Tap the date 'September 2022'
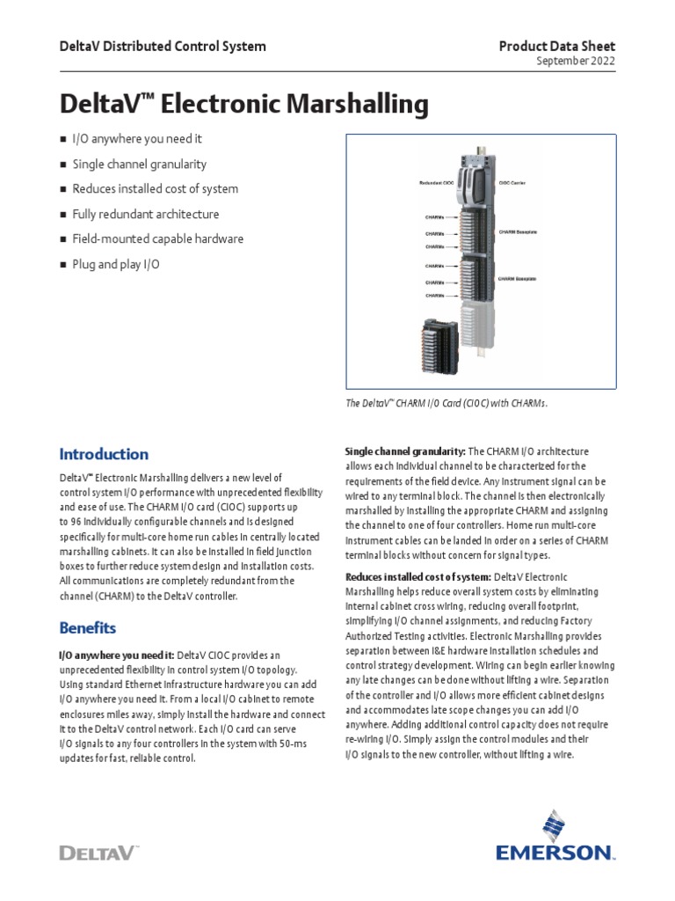point(576,62)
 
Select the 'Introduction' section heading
point(104,454)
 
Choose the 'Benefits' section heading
point(88,628)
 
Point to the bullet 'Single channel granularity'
point(139,164)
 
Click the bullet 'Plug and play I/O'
point(116,264)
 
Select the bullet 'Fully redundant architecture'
point(145,214)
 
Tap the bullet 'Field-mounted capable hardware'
point(157,238)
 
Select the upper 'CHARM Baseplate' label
point(518,231)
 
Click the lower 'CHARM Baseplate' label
point(518,277)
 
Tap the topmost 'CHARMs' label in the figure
point(434,215)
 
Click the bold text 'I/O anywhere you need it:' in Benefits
point(116,655)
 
